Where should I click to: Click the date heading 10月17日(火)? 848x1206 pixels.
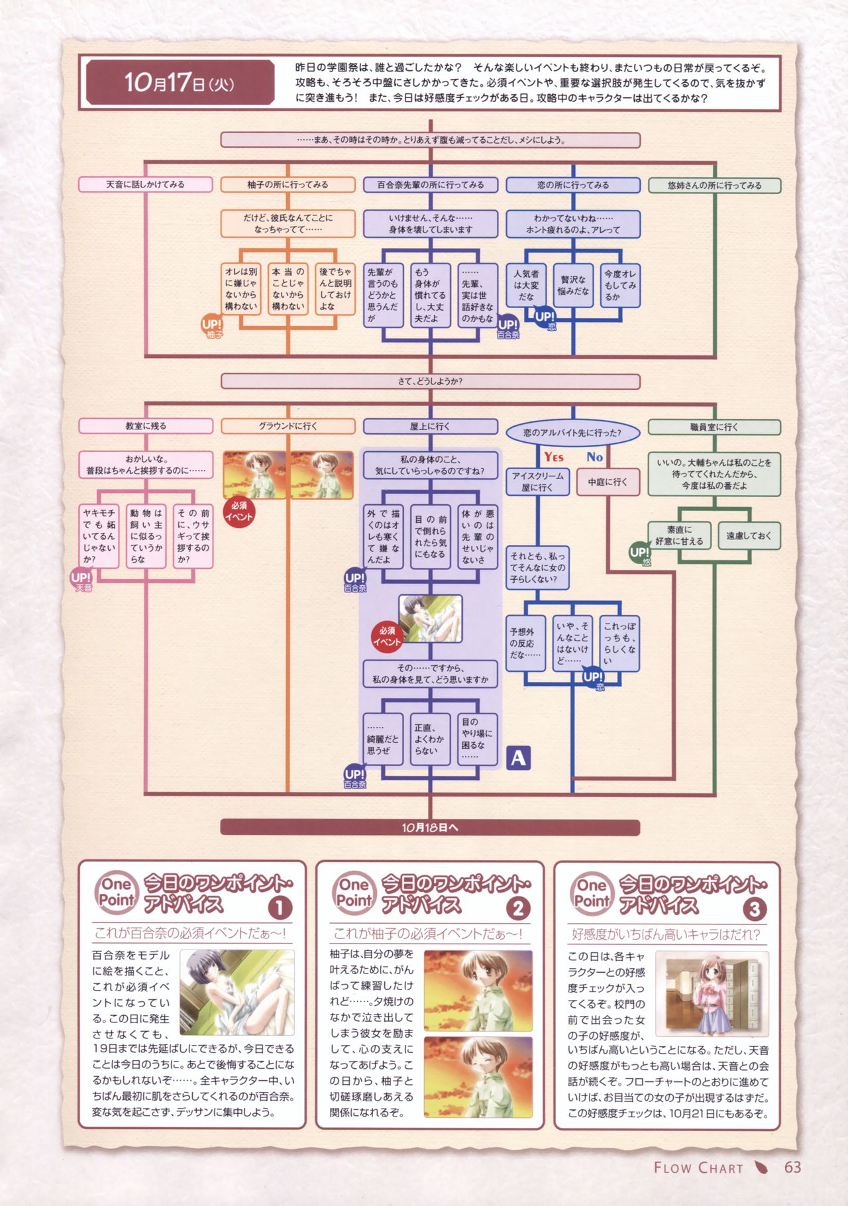point(179,83)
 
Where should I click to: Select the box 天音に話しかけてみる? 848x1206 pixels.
point(145,184)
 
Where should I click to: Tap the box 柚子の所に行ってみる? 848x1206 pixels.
point(288,185)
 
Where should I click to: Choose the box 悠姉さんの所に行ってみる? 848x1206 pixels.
point(714,186)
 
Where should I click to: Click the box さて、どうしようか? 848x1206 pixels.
point(430,382)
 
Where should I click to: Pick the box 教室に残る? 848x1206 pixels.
point(145,426)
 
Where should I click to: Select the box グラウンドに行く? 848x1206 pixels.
point(288,426)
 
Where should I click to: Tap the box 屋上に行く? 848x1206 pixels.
point(430,426)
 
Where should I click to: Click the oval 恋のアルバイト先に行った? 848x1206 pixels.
point(572,433)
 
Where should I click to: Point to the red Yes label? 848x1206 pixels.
point(554,457)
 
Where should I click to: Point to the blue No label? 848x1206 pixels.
point(594,457)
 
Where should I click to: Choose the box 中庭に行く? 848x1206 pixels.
point(607,482)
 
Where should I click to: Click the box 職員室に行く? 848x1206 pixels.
point(714,427)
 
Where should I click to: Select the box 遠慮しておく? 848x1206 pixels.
point(749,535)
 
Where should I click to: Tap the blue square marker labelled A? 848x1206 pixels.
point(518,757)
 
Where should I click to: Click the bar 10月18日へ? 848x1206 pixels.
point(430,828)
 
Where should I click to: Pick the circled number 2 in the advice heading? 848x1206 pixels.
point(517,908)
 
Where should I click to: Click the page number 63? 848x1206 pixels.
point(792,1168)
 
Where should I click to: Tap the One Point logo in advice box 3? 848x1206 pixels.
point(592,893)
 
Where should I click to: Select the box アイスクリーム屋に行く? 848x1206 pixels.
point(537,482)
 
